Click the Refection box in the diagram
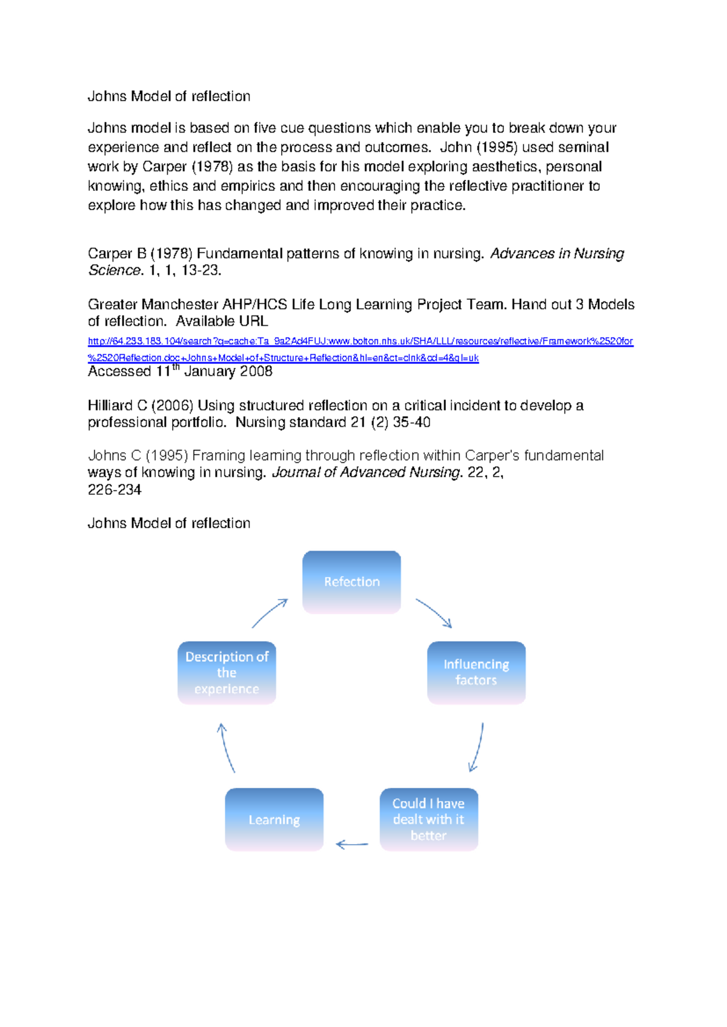pyautogui.click(x=351, y=582)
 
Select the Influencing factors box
pyautogui.click(x=476, y=672)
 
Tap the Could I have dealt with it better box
pyautogui.click(x=429, y=819)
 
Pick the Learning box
pyautogui.click(x=274, y=819)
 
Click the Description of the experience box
pyautogui.click(x=227, y=672)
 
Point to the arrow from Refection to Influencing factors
pyautogui.click(x=434, y=613)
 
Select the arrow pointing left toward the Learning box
pyautogui.click(x=352, y=844)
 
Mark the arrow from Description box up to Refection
pyautogui.click(x=270, y=613)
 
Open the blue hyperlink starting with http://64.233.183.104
pyautogui.click(x=360, y=342)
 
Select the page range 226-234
pyautogui.click(x=115, y=490)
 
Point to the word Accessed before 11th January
pyautogui.click(x=119, y=372)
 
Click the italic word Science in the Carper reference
pyautogui.click(x=115, y=270)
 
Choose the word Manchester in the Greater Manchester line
pyautogui.click(x=180, y=304)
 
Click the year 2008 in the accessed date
pyautogui.click(x=255, y=371)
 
